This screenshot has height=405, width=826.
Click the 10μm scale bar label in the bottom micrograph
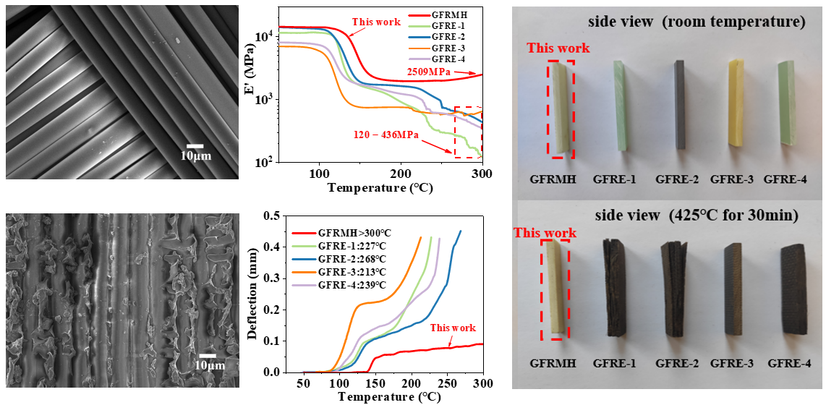point(210,366)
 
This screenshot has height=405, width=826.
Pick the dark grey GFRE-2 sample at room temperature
point(679,105)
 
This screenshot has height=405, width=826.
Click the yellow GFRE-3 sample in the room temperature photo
point(736,104)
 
